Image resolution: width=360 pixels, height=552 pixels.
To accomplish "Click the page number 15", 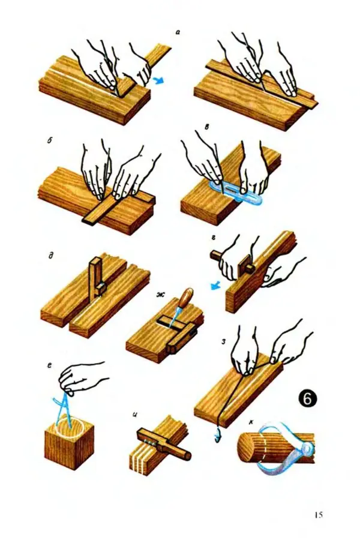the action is coord(319,515).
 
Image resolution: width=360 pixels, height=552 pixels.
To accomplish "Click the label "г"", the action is coord(214,239).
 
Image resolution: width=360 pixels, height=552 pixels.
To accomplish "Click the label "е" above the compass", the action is coord(50,366).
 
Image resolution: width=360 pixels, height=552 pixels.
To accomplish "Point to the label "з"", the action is coord(223,341).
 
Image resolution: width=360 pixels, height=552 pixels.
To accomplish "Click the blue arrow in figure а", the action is coord(159,82).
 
